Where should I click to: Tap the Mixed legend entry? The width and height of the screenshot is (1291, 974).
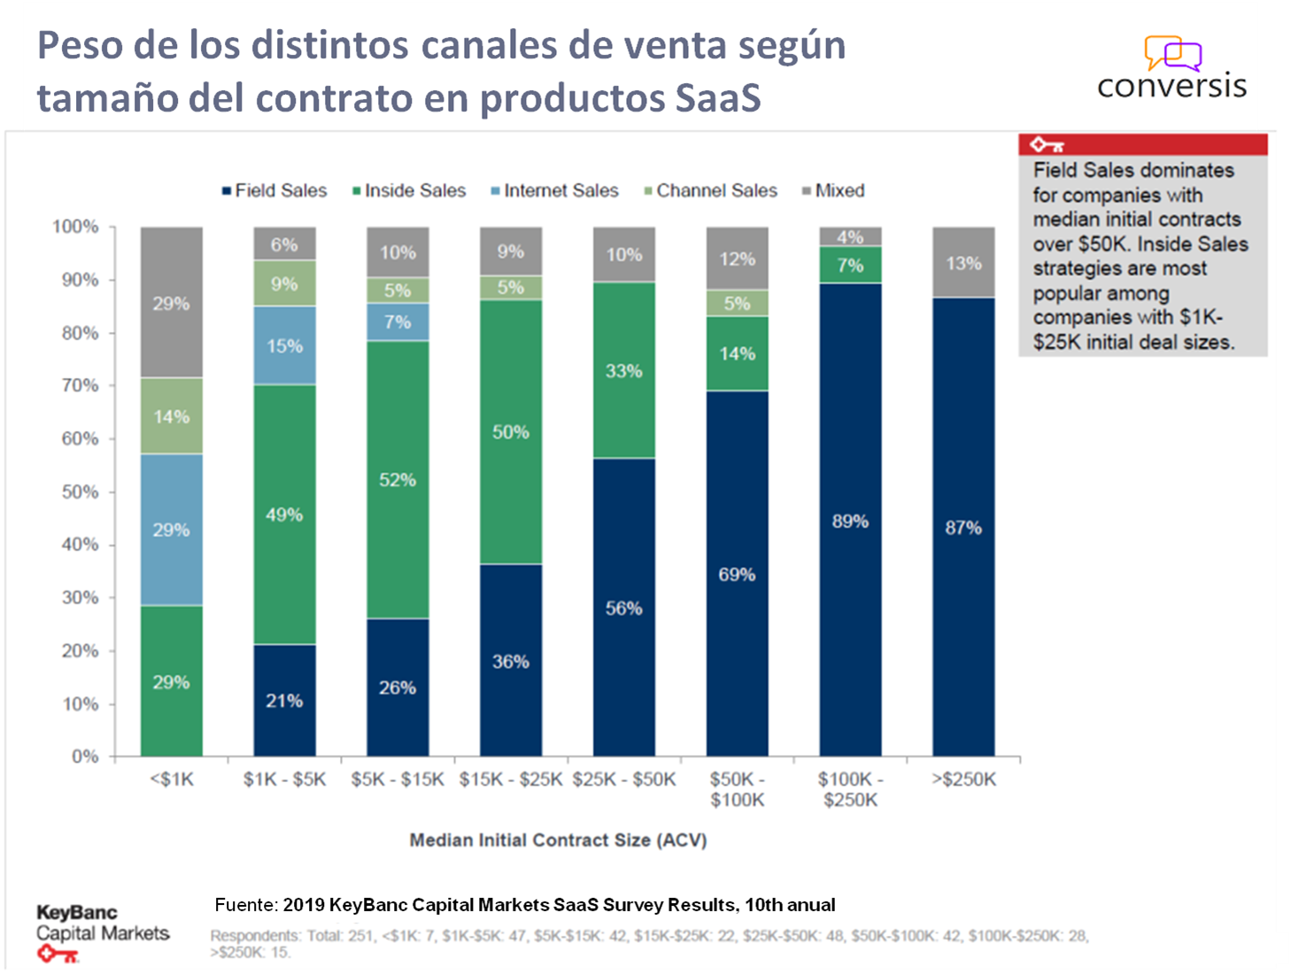pos(833,190)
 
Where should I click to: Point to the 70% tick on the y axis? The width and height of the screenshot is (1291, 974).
pos(80,385)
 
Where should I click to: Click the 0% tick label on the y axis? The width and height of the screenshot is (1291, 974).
pos(85,756)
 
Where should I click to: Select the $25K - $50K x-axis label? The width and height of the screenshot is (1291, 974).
pos(623,779)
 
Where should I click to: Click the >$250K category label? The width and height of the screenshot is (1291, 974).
pos(963,779)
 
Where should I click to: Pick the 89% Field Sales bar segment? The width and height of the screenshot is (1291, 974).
pos(850,521)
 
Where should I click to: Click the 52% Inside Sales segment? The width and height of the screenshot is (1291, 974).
pos(398,479)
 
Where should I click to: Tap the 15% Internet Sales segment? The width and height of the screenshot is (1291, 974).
pos(284,345)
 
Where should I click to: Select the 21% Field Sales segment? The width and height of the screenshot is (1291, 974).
pos(284,700)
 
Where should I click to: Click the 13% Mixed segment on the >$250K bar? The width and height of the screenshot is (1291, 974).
pos(963,263)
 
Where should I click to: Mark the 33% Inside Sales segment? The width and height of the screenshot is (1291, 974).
pos(623,370)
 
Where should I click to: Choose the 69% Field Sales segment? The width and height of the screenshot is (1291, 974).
pos(737,574)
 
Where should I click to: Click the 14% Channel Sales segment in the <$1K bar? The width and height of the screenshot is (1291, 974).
pos(171,416)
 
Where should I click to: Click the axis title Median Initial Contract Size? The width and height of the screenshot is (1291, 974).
pos(558,840)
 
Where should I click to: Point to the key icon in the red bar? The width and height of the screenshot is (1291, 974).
pos(1046,145)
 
